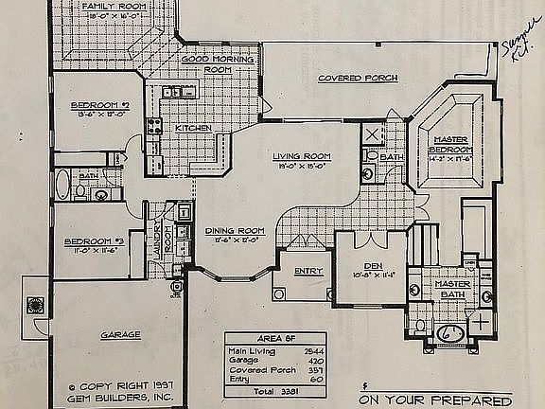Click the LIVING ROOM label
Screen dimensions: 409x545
click(301, 156)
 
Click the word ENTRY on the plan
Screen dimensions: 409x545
click(308, 272)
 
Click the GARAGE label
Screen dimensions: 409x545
click(120, 334)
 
